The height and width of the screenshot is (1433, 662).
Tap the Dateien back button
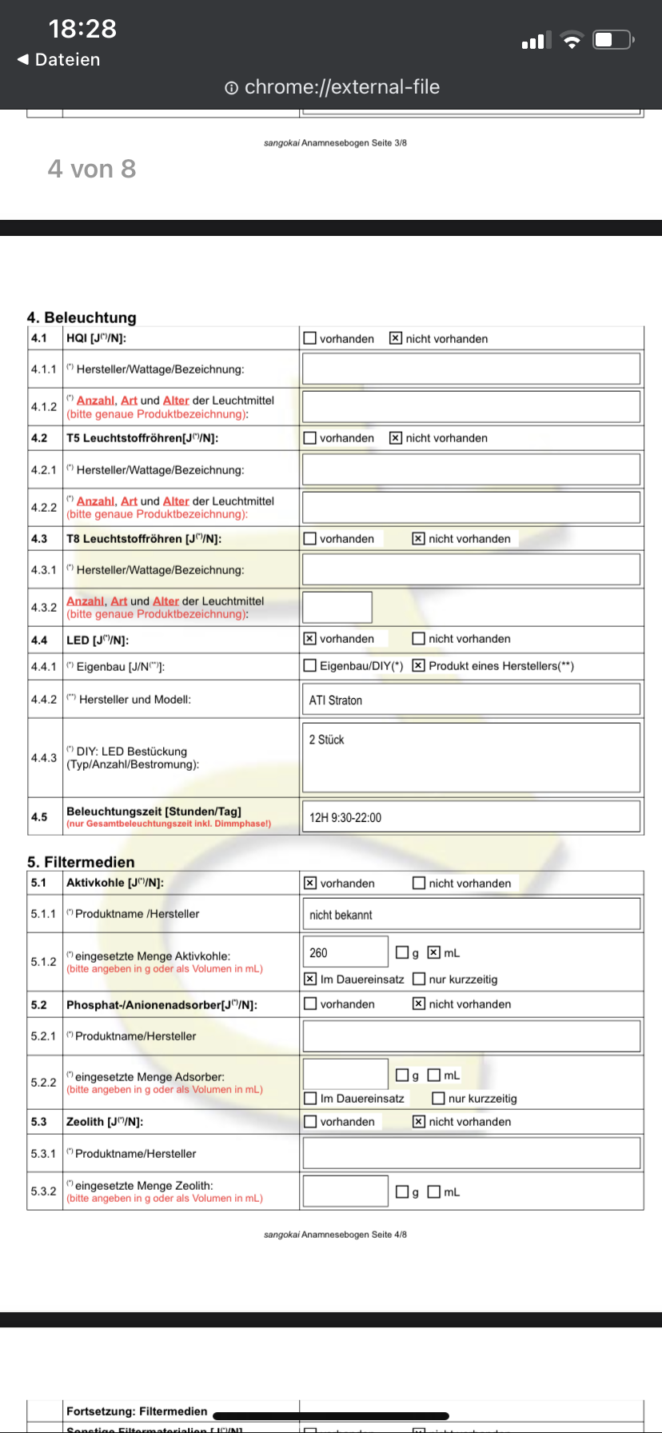tap(59, 59)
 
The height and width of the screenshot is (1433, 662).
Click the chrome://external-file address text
tap(341, 87)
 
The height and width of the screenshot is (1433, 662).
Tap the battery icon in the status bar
tap(612, 39)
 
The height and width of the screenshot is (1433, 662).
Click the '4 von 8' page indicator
tap(92, 169)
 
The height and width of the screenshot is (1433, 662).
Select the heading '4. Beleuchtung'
tap(82, 317)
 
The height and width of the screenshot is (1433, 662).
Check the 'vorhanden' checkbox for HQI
tap(310, 338)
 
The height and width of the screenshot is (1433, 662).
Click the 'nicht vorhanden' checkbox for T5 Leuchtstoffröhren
tap(395, 438)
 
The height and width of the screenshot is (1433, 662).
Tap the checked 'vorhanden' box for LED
tap(310, 639)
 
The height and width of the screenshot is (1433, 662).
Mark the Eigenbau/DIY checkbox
tap(310, 665)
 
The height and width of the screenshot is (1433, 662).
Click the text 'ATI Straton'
tap(336, 701)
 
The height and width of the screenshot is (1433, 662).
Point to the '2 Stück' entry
tap(327, 740)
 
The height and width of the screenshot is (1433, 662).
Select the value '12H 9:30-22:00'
tap(345, 818)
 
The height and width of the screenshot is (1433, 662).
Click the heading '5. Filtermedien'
tap(81, 862)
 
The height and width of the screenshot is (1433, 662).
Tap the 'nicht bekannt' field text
tap(341, 915)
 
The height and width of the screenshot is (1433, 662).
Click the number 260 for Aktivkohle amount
tap(318, 953)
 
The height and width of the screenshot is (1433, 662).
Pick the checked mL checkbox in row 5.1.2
tap(434, 952)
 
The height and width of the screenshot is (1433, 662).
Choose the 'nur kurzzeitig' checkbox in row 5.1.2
tap(419, 979)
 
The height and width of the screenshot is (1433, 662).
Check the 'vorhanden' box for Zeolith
tap(310, 1122)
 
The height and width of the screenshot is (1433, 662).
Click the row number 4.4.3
tap(44, 757)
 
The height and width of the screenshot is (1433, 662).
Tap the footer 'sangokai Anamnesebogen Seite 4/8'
tap(335, 1235)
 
